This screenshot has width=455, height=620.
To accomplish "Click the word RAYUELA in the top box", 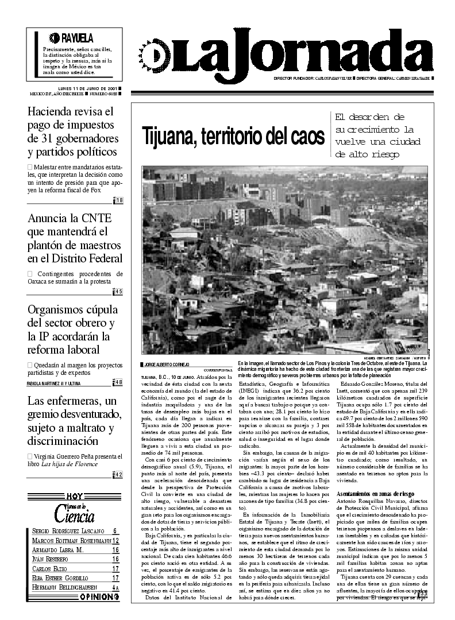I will click(x=77, y=38).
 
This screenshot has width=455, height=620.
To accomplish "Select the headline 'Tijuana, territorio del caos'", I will click(x=233, y=136).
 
